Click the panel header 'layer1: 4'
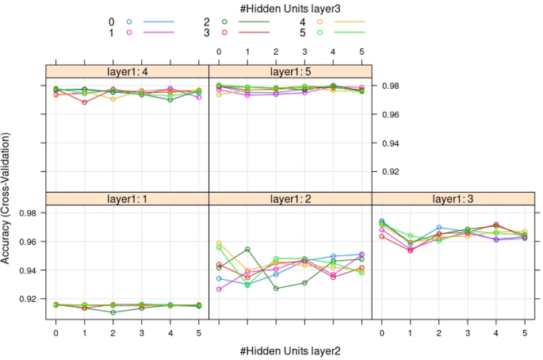pyautogui.click(x=126, y=71)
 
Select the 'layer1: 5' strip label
pyautogui.click(x=289, y=71)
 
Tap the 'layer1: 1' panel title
pyautogui.click(x=126, y=198)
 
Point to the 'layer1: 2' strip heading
pyautogui.click(x=289, y=198)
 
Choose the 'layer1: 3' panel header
pyautogui.click(x=453, y=198)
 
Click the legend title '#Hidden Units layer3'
pyautogui.click(x=289, y=7)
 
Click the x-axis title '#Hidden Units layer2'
pyautogui.click(x=289, y=350)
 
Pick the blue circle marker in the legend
pyautogui.click(x=129, y=21)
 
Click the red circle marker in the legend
pyautogui.click(x=225, y=33)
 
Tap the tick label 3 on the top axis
pyautogui.click(x=304, y=52)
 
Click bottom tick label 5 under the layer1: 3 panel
pyautogui.click(x=525, y=334)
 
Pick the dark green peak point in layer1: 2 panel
pyautogui.click(x=247, y=250)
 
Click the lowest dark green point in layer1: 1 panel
pyautogui.click(x=113, y=312)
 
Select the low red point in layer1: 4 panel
pyautogui.click(x=85, y=102)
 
